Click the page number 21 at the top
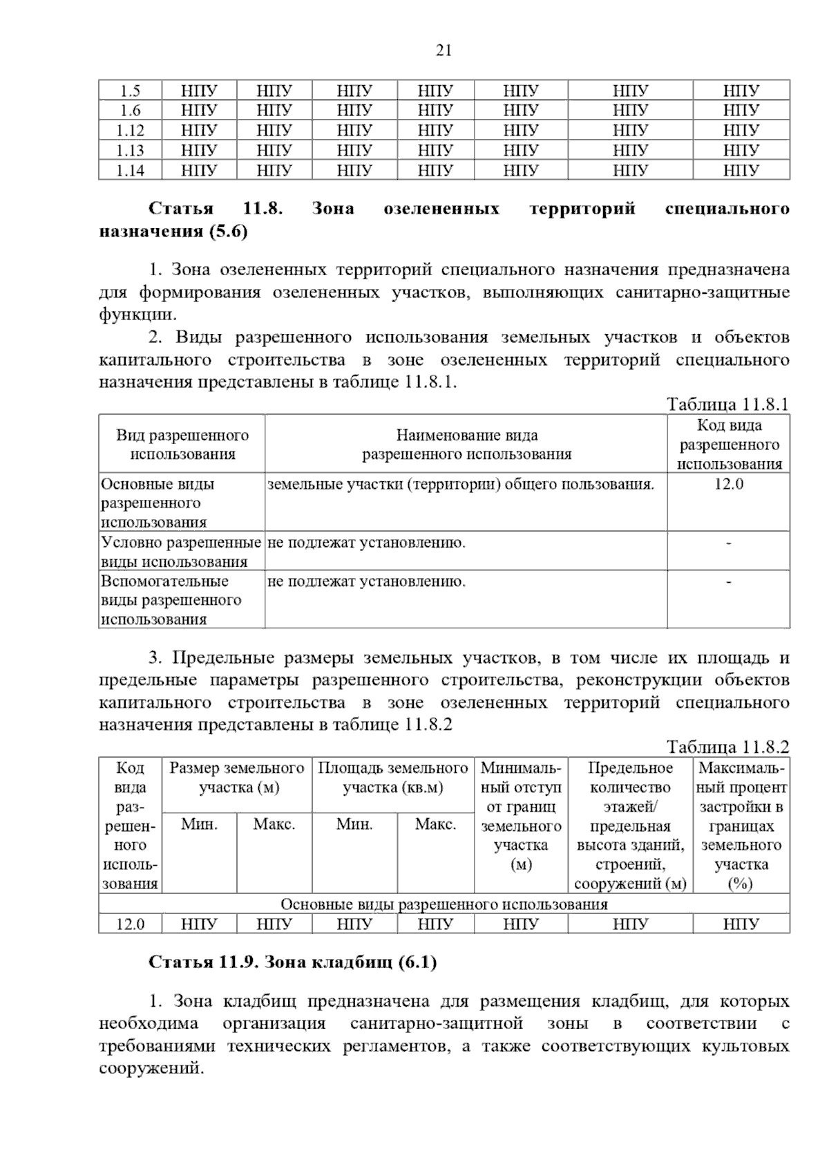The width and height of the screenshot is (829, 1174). point(444,50)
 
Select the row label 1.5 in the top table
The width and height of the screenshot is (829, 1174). point(130,91)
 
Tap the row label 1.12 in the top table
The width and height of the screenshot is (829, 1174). point(130,130)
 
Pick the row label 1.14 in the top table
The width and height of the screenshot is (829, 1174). point(130,170)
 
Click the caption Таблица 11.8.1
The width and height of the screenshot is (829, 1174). point(727,404)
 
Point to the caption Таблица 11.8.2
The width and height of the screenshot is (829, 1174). point(727,747)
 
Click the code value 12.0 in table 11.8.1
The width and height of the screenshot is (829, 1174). point(728,484)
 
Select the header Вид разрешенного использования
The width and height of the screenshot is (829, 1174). point(182,445)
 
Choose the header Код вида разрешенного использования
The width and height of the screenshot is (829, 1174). point(728,445)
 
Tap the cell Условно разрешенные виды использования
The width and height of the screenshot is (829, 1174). point(181,552)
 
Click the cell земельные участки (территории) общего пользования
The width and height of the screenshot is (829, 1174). point(461,484)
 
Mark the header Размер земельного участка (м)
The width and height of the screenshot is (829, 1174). point(237,778)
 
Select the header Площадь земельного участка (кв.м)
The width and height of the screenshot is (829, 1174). point(392,778)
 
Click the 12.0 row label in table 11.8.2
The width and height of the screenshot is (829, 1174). point(130,924)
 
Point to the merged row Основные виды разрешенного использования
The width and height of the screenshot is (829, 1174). point(444,904)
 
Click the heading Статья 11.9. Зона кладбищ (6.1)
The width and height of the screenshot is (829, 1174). point(293,962)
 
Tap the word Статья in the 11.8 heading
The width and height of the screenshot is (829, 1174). point(181,209)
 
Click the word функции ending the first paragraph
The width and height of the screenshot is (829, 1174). point(135,315)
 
